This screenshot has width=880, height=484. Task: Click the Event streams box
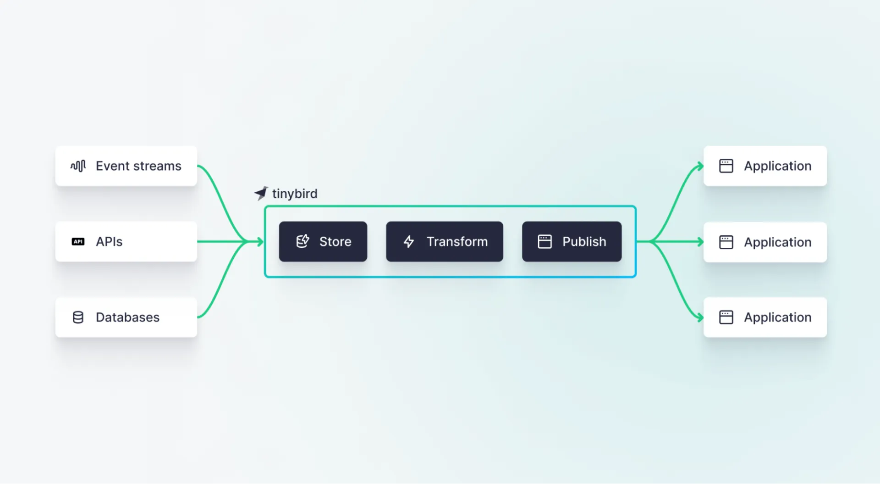click(x=126, y=166)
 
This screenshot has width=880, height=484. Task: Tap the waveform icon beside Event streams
click(x=78, y=166)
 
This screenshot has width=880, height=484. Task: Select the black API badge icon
click(x=78, y=242)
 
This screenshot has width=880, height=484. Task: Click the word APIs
click(x=109, y=242)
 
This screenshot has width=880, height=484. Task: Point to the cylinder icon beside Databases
click(x=78, y=317)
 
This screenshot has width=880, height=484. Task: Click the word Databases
click(x=127, y=317)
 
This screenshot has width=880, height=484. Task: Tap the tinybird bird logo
click(x=261, y=193)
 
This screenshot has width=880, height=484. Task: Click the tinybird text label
click(x=295, y=194)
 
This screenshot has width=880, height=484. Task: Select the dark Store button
click(x=323, y=242)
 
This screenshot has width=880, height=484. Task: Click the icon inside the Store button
click(x=302, y=241)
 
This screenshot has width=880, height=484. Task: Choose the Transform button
click(x=444, y=242)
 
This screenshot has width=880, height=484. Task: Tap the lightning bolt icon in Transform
click(x=409, y=242)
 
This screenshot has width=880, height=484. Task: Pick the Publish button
click(x=572, y=242)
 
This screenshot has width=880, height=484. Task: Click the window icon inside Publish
click(x=544, y=242)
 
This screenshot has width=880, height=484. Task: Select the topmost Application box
click(x=765, y=166)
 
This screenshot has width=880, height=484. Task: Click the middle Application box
click(x=765, y=242)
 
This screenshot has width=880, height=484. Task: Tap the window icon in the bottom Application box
click(x=726, y=317)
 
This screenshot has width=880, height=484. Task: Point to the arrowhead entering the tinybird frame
click(x=261, y=241)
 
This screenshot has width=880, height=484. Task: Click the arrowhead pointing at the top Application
click(x=700, y=166)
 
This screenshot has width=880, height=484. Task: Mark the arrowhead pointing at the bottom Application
click(x=700, y=317)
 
